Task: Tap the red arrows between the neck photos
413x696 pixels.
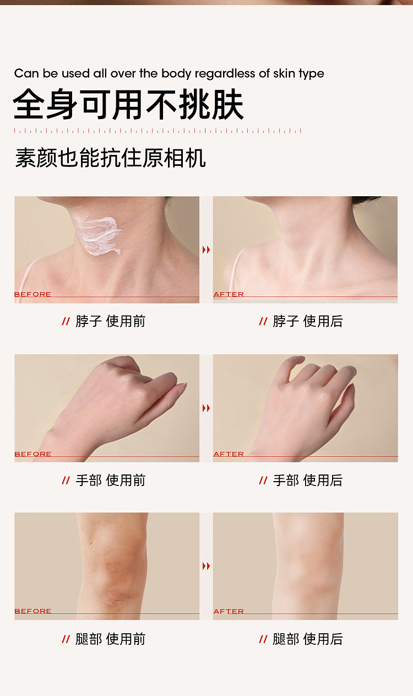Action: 206,250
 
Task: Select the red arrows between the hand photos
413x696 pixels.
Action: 206,408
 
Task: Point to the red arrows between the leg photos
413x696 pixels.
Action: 206,566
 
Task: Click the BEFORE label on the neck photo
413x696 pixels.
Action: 32,294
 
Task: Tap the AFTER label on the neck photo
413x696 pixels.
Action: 229,294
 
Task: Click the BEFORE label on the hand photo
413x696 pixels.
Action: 32,454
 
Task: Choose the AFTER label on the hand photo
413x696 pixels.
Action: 229,454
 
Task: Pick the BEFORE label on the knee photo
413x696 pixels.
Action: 32,611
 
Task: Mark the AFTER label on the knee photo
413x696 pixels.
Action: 229,611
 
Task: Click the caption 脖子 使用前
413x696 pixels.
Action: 110,321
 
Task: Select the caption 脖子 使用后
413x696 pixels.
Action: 308,321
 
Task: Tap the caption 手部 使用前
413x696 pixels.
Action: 110,481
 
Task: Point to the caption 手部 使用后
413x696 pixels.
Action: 308,481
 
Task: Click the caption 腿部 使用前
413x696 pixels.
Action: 110,639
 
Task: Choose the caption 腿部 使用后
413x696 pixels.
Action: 308,639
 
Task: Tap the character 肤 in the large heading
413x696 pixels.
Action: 227,104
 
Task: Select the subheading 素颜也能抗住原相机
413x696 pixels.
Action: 110,158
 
